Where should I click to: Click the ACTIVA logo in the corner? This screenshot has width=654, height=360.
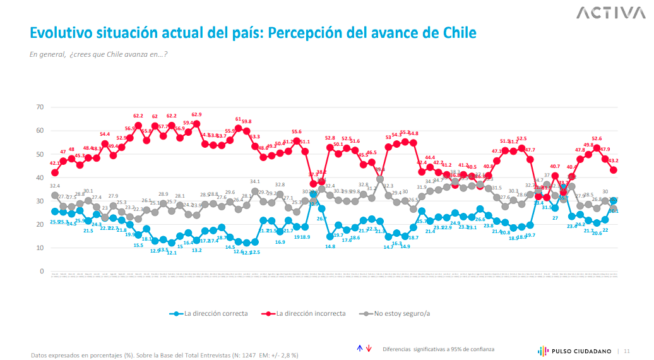(x=607, y=13)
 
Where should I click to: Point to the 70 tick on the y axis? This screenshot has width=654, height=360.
(x=39, y=107)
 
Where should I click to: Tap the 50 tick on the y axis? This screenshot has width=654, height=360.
(x=39, y=154)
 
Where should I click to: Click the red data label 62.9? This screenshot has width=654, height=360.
(x=196, y=115)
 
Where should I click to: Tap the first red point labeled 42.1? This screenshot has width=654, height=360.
(x=55, y=172)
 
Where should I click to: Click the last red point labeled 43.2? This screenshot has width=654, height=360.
(x=613, y=170)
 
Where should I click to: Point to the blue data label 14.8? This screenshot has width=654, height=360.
(x=330, y=246)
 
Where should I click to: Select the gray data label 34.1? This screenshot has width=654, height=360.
(x=254, y=182)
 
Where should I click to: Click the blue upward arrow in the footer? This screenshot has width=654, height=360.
(x=359, y=349)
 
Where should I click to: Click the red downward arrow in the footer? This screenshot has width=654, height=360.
(x=369, y=349)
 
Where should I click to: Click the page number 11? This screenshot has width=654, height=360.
(x=627, y=351)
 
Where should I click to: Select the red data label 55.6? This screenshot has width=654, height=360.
(x=296, y=131)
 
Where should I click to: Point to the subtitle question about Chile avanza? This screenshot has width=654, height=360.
(x=98, y=54)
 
